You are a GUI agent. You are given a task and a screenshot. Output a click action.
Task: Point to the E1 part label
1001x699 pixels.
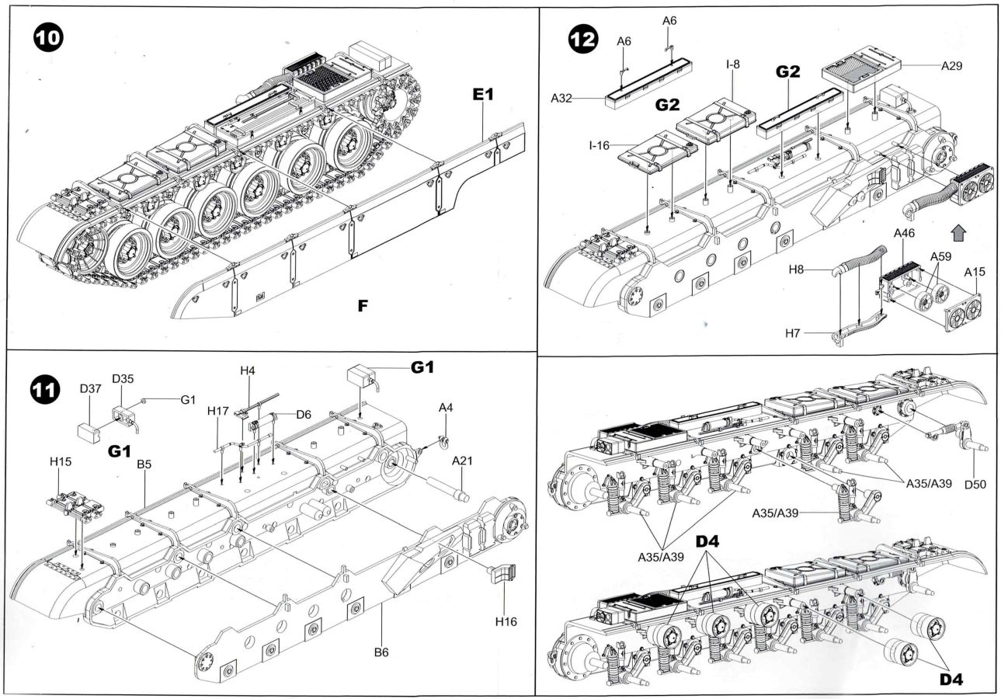[483, 96]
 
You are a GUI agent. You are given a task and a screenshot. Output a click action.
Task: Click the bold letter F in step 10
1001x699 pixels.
[362, 306]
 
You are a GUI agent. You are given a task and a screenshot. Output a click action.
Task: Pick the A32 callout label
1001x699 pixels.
[562, 98]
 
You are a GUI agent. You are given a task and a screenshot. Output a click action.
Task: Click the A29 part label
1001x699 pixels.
[951, 66]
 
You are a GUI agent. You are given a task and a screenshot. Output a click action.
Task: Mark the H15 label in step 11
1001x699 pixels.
[61, 461]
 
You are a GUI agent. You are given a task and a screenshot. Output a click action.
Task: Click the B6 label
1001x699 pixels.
[380, 652]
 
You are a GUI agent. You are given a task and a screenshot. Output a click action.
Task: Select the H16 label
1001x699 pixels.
[506, 621]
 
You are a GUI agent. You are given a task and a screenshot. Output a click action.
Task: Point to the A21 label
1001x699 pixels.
[463, 461]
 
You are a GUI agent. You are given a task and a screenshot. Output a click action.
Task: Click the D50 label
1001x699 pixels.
[975, 485]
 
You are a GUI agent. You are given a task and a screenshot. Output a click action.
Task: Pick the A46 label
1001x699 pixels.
[905, 233]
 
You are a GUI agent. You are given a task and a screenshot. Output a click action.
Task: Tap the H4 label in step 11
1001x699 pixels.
[247, 371]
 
